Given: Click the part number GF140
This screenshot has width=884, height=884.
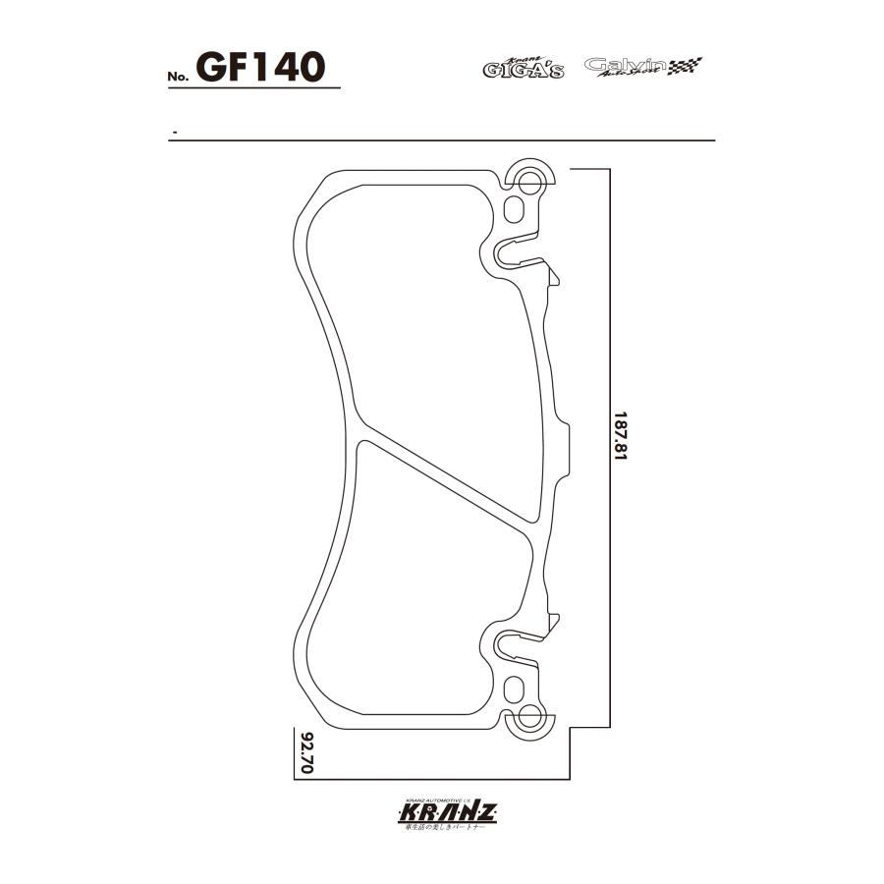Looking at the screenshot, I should pyautogui.click(x=260, y=67).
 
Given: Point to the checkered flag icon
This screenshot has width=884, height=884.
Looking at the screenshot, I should pyautogui.click(x=686, y=67).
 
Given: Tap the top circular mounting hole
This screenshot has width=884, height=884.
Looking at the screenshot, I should pyautogui.click(x=530, y=181).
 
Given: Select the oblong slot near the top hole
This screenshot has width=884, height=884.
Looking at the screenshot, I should pyautogui.click(x=515, y=209).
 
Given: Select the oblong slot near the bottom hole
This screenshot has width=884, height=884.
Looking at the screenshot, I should pyautogui.click(x=515, y=689).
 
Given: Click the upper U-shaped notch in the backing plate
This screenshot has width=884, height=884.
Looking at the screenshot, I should pyautogui.click(x=509, y=253).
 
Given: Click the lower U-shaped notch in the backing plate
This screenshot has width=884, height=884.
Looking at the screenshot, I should pyautogui.click(x=509, y=645).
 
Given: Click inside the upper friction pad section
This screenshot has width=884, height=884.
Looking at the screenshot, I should pyautogui.click(x=422, y=314).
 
